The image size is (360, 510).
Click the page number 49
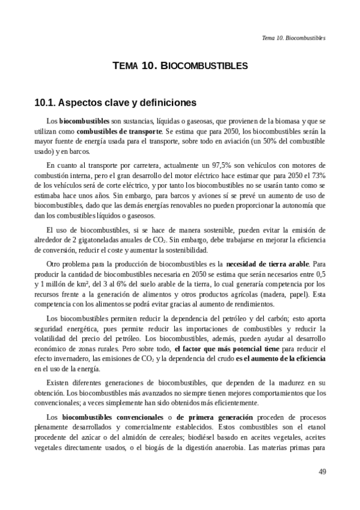tap(322, 472)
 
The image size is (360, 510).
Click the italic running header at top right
tap(294, 37)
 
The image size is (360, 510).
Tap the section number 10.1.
tap(46, 102)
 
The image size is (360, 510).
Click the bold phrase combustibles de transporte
tap(120, 131)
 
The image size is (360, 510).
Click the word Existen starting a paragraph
tap(59, 382)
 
